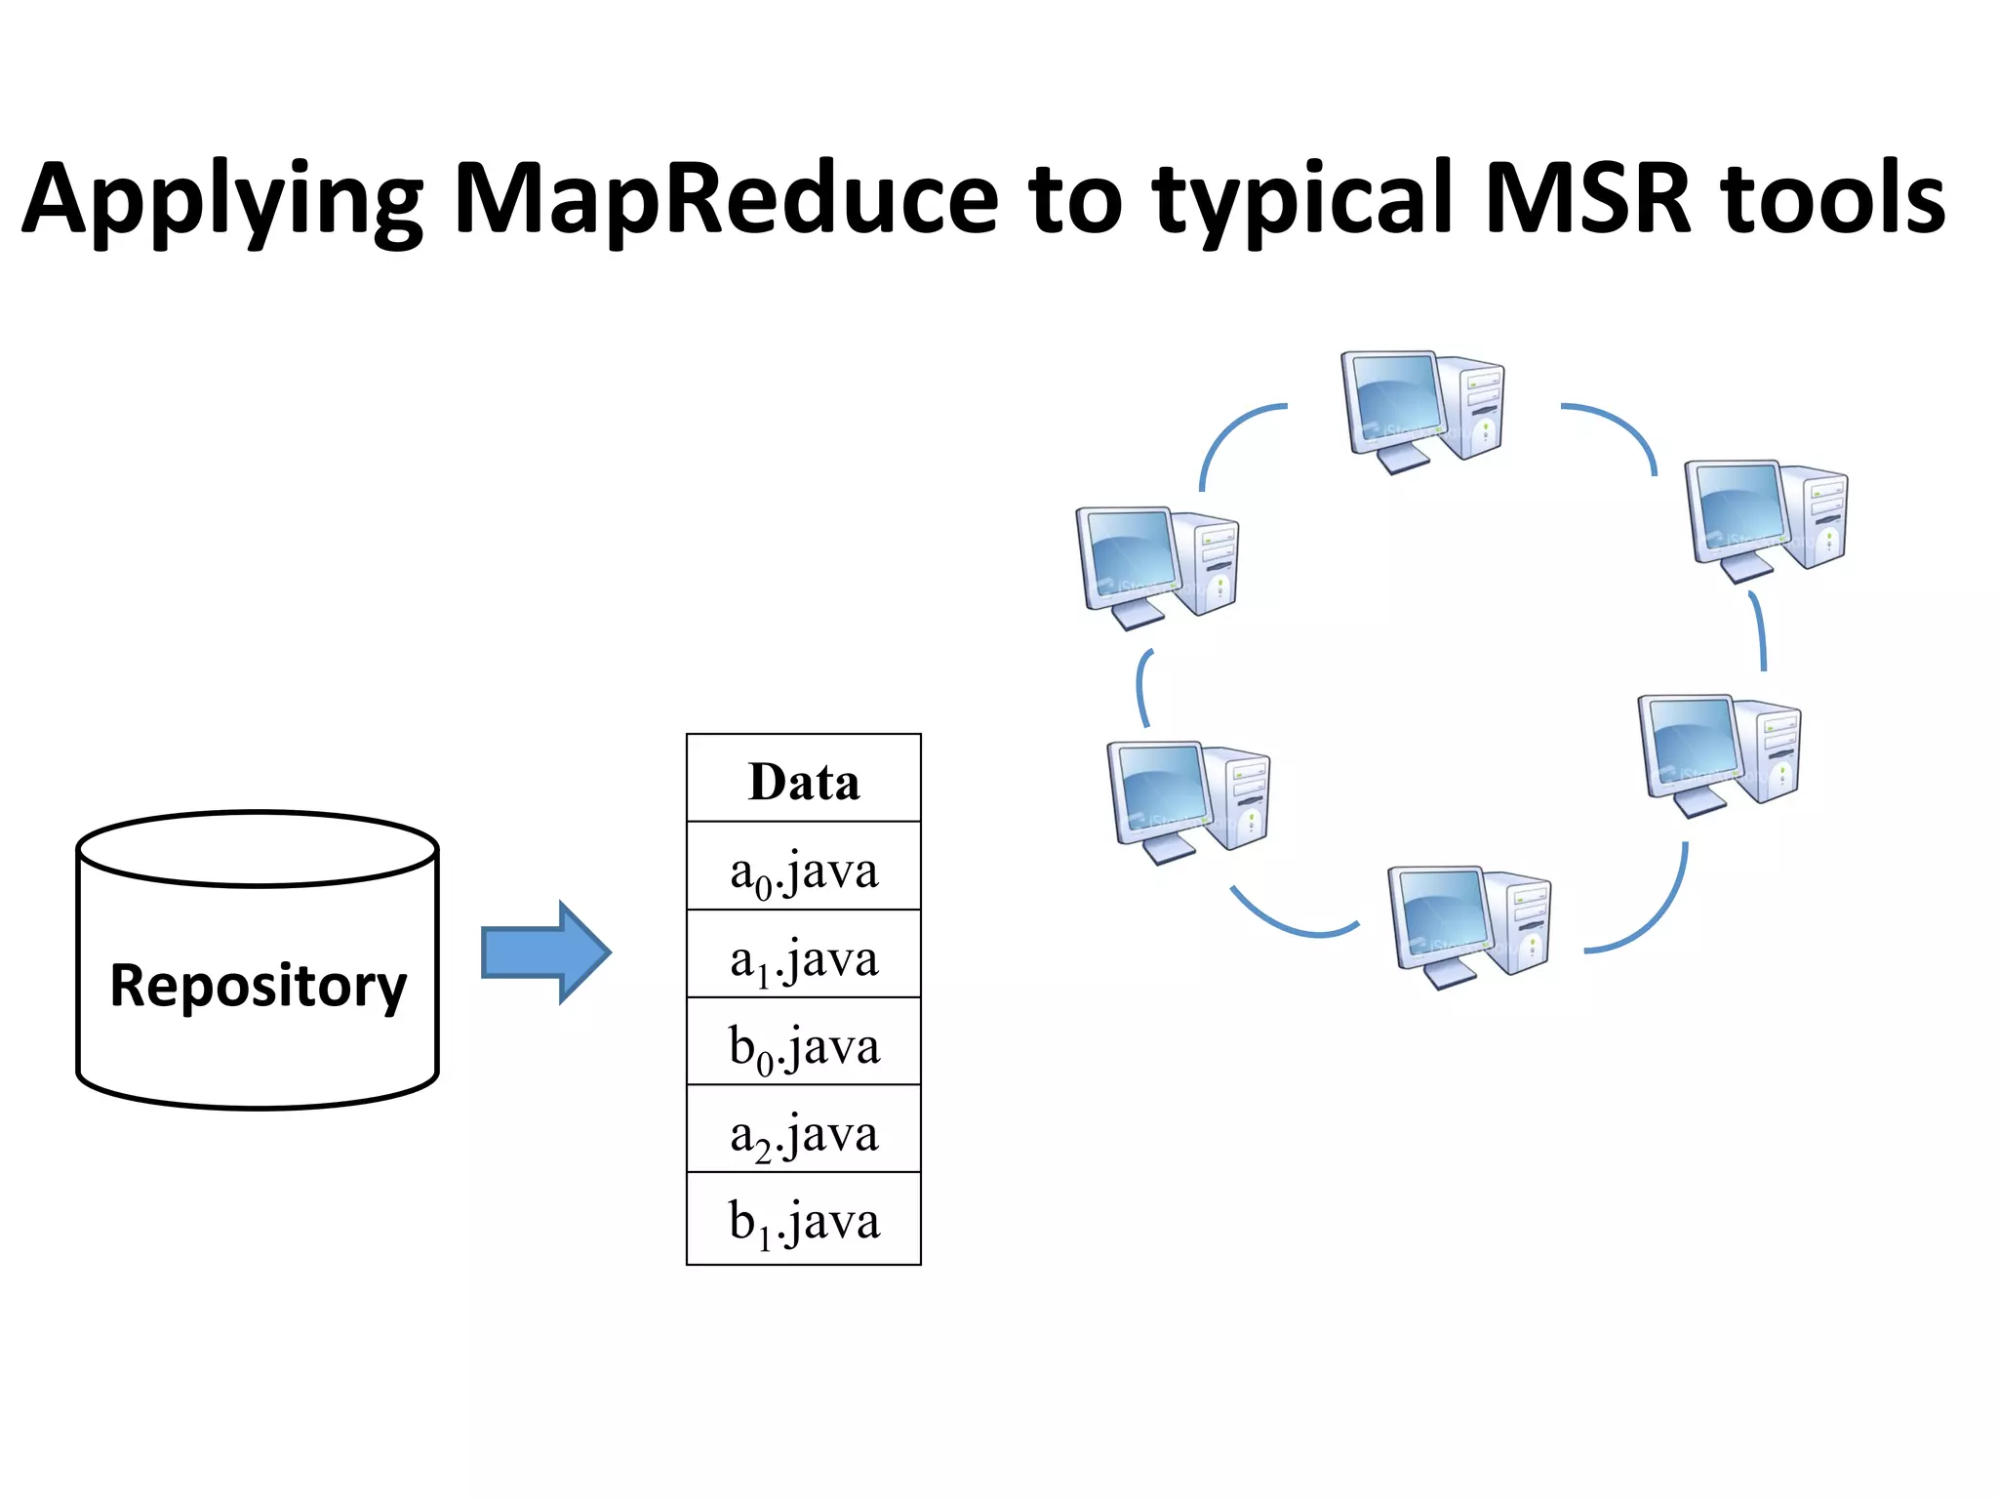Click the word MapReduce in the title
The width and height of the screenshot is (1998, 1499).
pos(727,200)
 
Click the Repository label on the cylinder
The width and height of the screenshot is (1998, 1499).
pos(258,986)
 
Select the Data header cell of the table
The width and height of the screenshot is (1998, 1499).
pos(803,781)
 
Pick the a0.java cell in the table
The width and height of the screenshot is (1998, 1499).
pos(803,869)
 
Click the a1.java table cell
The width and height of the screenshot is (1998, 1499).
pos(803,956)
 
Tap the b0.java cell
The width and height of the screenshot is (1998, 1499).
pos(803,1043)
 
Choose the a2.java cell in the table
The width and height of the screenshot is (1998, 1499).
pos(803,1131)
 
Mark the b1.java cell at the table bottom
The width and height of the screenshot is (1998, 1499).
pos(803,1219)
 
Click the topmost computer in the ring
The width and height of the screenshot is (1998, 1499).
pos(1421,410)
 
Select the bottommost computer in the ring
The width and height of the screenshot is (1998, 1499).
pos(1468,925)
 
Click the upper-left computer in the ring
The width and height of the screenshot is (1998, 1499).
pos(1157,566)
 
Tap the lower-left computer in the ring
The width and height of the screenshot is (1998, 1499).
pos(1187,800)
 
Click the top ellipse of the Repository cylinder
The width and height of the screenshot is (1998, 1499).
pos(258,849)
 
